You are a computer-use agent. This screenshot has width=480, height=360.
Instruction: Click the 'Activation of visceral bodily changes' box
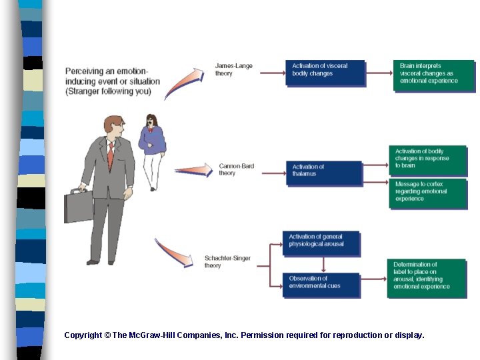click(x=325, y=73)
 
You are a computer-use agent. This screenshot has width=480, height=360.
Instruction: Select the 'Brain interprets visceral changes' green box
click(x=435, y=76)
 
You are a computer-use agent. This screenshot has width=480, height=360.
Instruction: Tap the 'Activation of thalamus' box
click(x=325, y=173)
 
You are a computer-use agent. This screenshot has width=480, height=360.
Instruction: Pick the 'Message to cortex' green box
click(x=429, y=194)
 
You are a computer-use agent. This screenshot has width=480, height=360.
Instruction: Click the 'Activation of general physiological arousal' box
click(x=321, y=244)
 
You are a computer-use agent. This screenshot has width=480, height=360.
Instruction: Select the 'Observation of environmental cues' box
click(x=321, y=285)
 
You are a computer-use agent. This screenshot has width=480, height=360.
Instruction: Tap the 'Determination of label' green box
click(x=427, y=279)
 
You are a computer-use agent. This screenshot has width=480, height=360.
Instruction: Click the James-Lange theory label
click(x=233, y=69)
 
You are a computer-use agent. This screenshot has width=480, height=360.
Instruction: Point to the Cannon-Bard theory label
click(x=236, y=169)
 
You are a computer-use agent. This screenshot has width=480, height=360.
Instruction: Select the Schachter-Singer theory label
click(x=227, y=262)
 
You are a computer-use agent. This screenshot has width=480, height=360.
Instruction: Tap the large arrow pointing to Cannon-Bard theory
click(x=194, y=170)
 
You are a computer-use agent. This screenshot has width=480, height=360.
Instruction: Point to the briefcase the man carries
click(x=79, y=206)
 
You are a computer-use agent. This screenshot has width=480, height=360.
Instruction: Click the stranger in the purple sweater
click(x=152, y=152)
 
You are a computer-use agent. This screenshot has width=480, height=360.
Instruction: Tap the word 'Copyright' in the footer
click(x=83, y=335)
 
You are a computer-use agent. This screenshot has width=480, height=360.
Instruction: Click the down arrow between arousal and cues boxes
click(x=323, y=265)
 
